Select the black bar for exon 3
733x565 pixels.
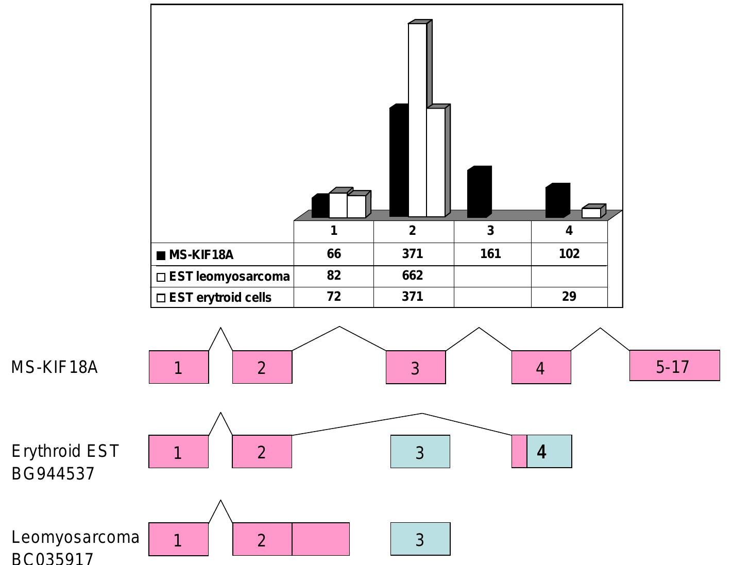[x=479, y=192]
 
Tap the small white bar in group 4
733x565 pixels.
[x=591, y=213]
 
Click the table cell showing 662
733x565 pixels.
[x=413, y=276]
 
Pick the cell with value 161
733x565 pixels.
[x=490, y=254]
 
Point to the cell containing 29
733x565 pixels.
[x=569, y=297]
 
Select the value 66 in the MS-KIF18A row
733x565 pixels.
[x=334, y=254]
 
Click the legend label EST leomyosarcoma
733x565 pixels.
[x=229, y=277]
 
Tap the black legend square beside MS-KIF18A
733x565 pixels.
[x=161, y=255]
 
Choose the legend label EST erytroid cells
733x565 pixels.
[x=220, y=298]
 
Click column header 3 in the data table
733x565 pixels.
[x=490, y=231]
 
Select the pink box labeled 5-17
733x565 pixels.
[x=674, y=366]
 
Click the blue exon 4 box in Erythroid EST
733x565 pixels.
[x=549, y=452]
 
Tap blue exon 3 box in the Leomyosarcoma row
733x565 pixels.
[x=420, y=539]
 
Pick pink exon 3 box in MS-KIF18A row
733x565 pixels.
[x=416, y=368]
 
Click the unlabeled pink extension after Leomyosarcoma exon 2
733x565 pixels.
[x=320, y=539]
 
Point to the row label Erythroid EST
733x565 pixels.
[x=65, y=451]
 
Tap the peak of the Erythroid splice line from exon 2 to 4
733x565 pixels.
[x=422, y=414]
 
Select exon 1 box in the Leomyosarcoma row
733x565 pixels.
[x=178, y=540]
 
